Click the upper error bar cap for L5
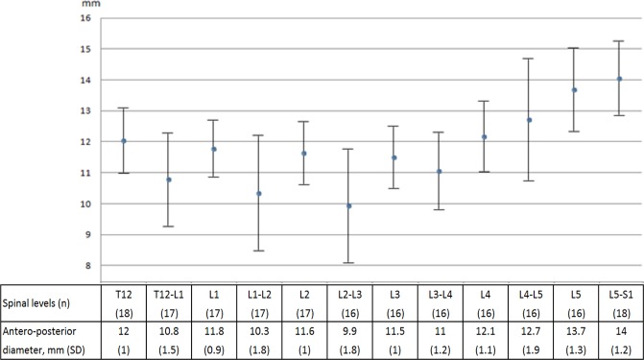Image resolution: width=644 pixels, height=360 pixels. (574, 48)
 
